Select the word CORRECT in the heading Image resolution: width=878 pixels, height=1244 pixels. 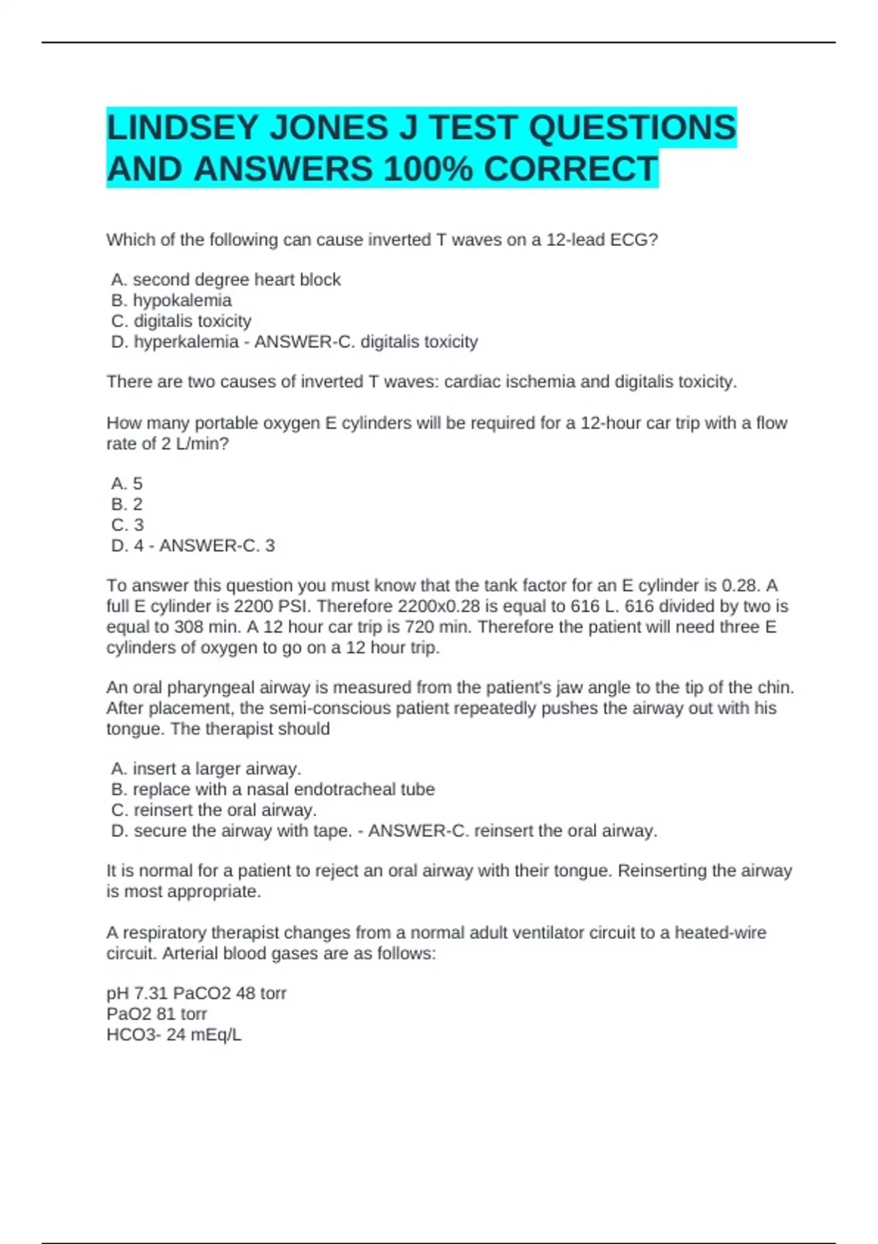pos(570,170)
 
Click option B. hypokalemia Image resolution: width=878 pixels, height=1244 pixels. pos(172,300)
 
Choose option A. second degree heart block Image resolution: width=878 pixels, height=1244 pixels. pos(226,280)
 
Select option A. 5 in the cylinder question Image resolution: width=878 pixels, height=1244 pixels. pos(127,484)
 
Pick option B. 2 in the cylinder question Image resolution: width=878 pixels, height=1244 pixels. pos(127,504)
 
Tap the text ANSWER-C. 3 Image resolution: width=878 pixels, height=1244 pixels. pos(217,546)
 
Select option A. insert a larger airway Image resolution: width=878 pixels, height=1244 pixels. pos(206,769)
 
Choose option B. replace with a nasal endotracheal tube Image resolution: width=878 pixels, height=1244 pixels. pos(273,790)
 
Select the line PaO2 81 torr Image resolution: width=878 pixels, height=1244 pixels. pos(157,1014)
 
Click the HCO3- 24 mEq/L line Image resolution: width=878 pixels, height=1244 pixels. pos(174,1035)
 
